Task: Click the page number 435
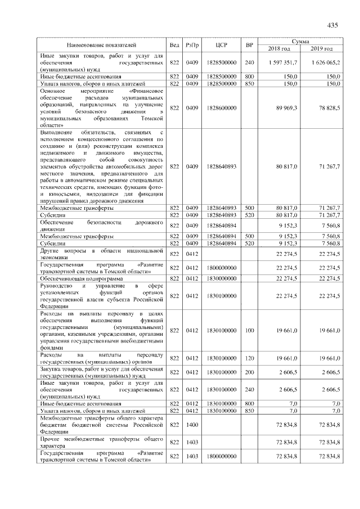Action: pos(331,25)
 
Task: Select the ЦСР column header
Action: pos(221,44)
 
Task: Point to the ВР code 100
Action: pos(250,331)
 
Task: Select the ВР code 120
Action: pos(250,358)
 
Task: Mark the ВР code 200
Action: pos(250,372)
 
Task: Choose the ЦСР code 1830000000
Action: pos(221,278)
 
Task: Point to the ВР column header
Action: pos(250,44)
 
